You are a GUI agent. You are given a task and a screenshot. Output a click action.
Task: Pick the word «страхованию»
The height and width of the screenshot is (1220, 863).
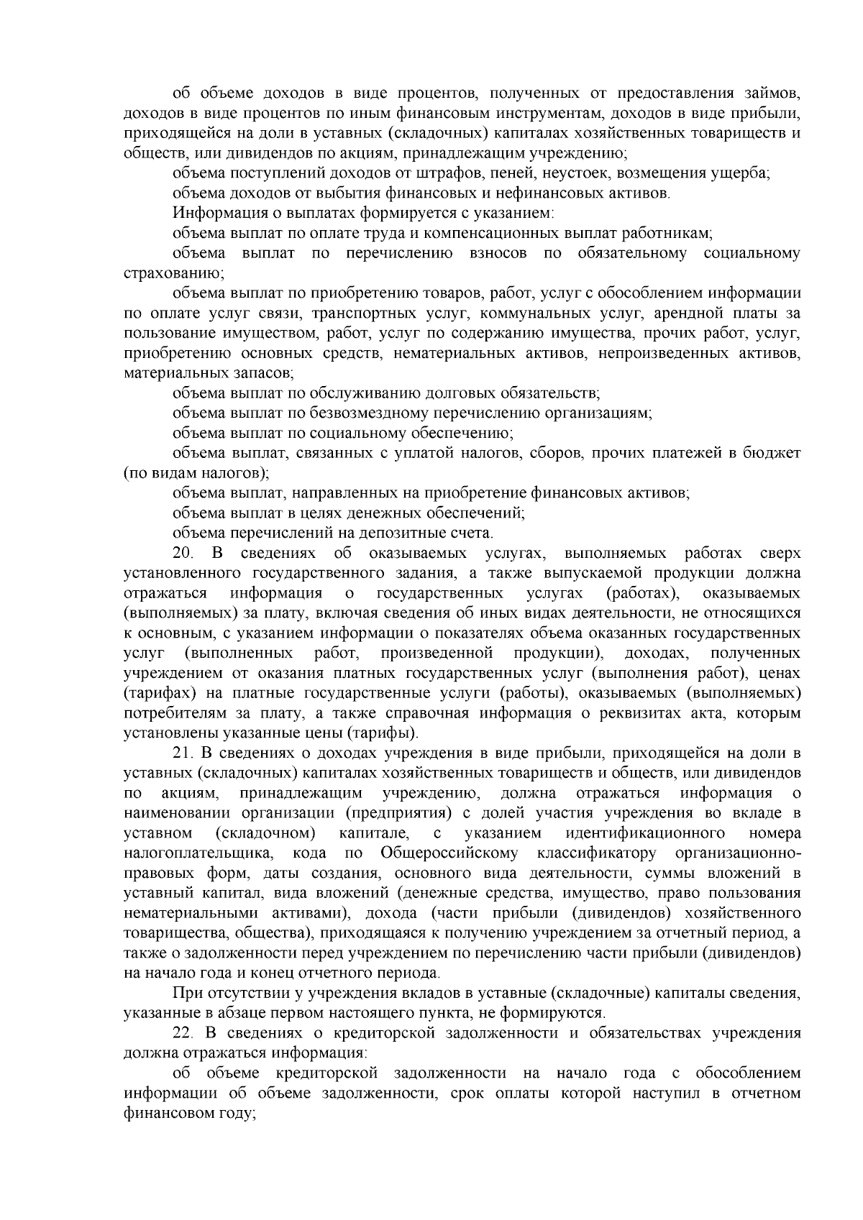(x=173, y=273)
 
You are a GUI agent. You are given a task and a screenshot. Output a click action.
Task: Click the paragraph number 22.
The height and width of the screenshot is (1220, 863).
(x=183, y=1033)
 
